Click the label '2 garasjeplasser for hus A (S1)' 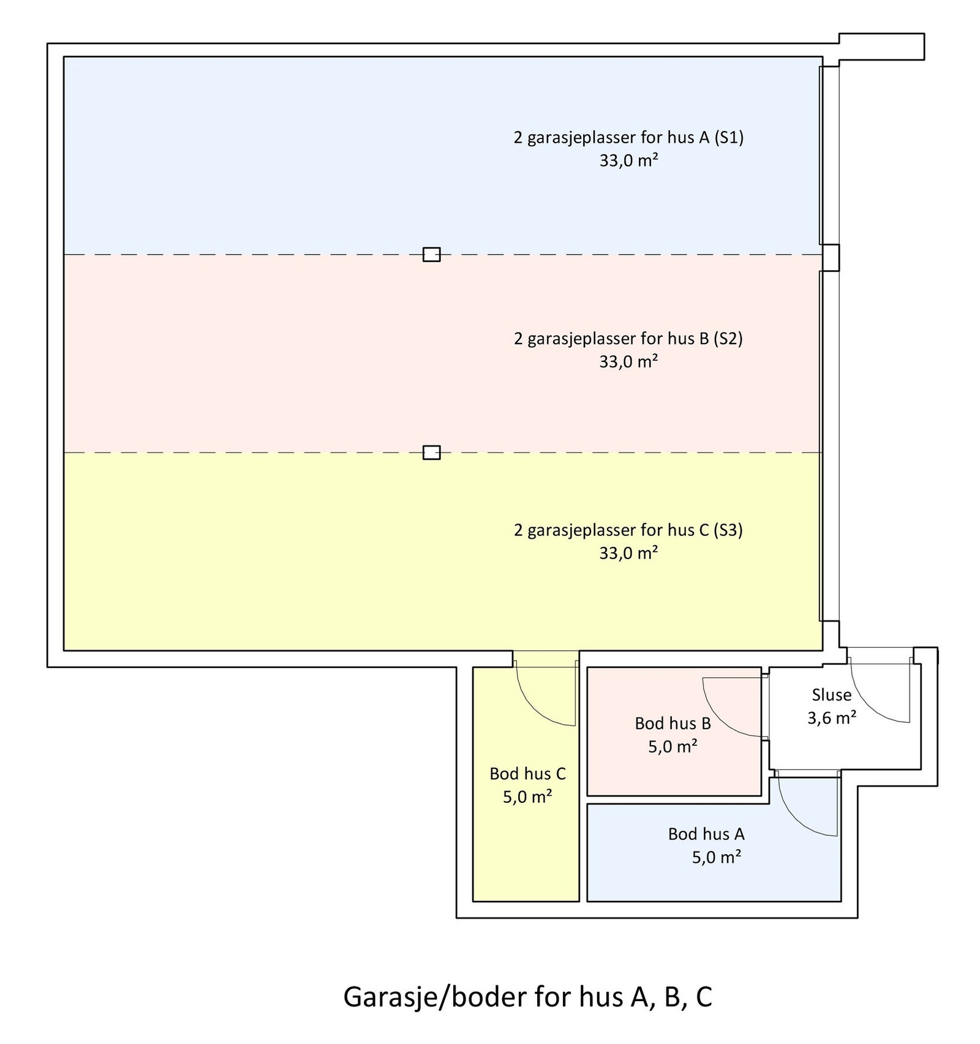(628, 138)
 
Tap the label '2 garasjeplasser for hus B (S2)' (628, 339)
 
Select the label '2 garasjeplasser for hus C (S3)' (628, 530)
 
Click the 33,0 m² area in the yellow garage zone (628, 554)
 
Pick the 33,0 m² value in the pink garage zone (628, 362)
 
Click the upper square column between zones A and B (431, 254)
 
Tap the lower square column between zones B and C (431, 453)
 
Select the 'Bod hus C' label (527, 774)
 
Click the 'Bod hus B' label (673, 724)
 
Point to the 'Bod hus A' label (706, 834)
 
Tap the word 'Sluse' (831, 695)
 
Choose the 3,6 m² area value (831, 718)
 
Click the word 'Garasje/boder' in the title (434, 997)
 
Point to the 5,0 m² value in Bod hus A (716, 857)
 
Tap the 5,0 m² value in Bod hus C (527, 797)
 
